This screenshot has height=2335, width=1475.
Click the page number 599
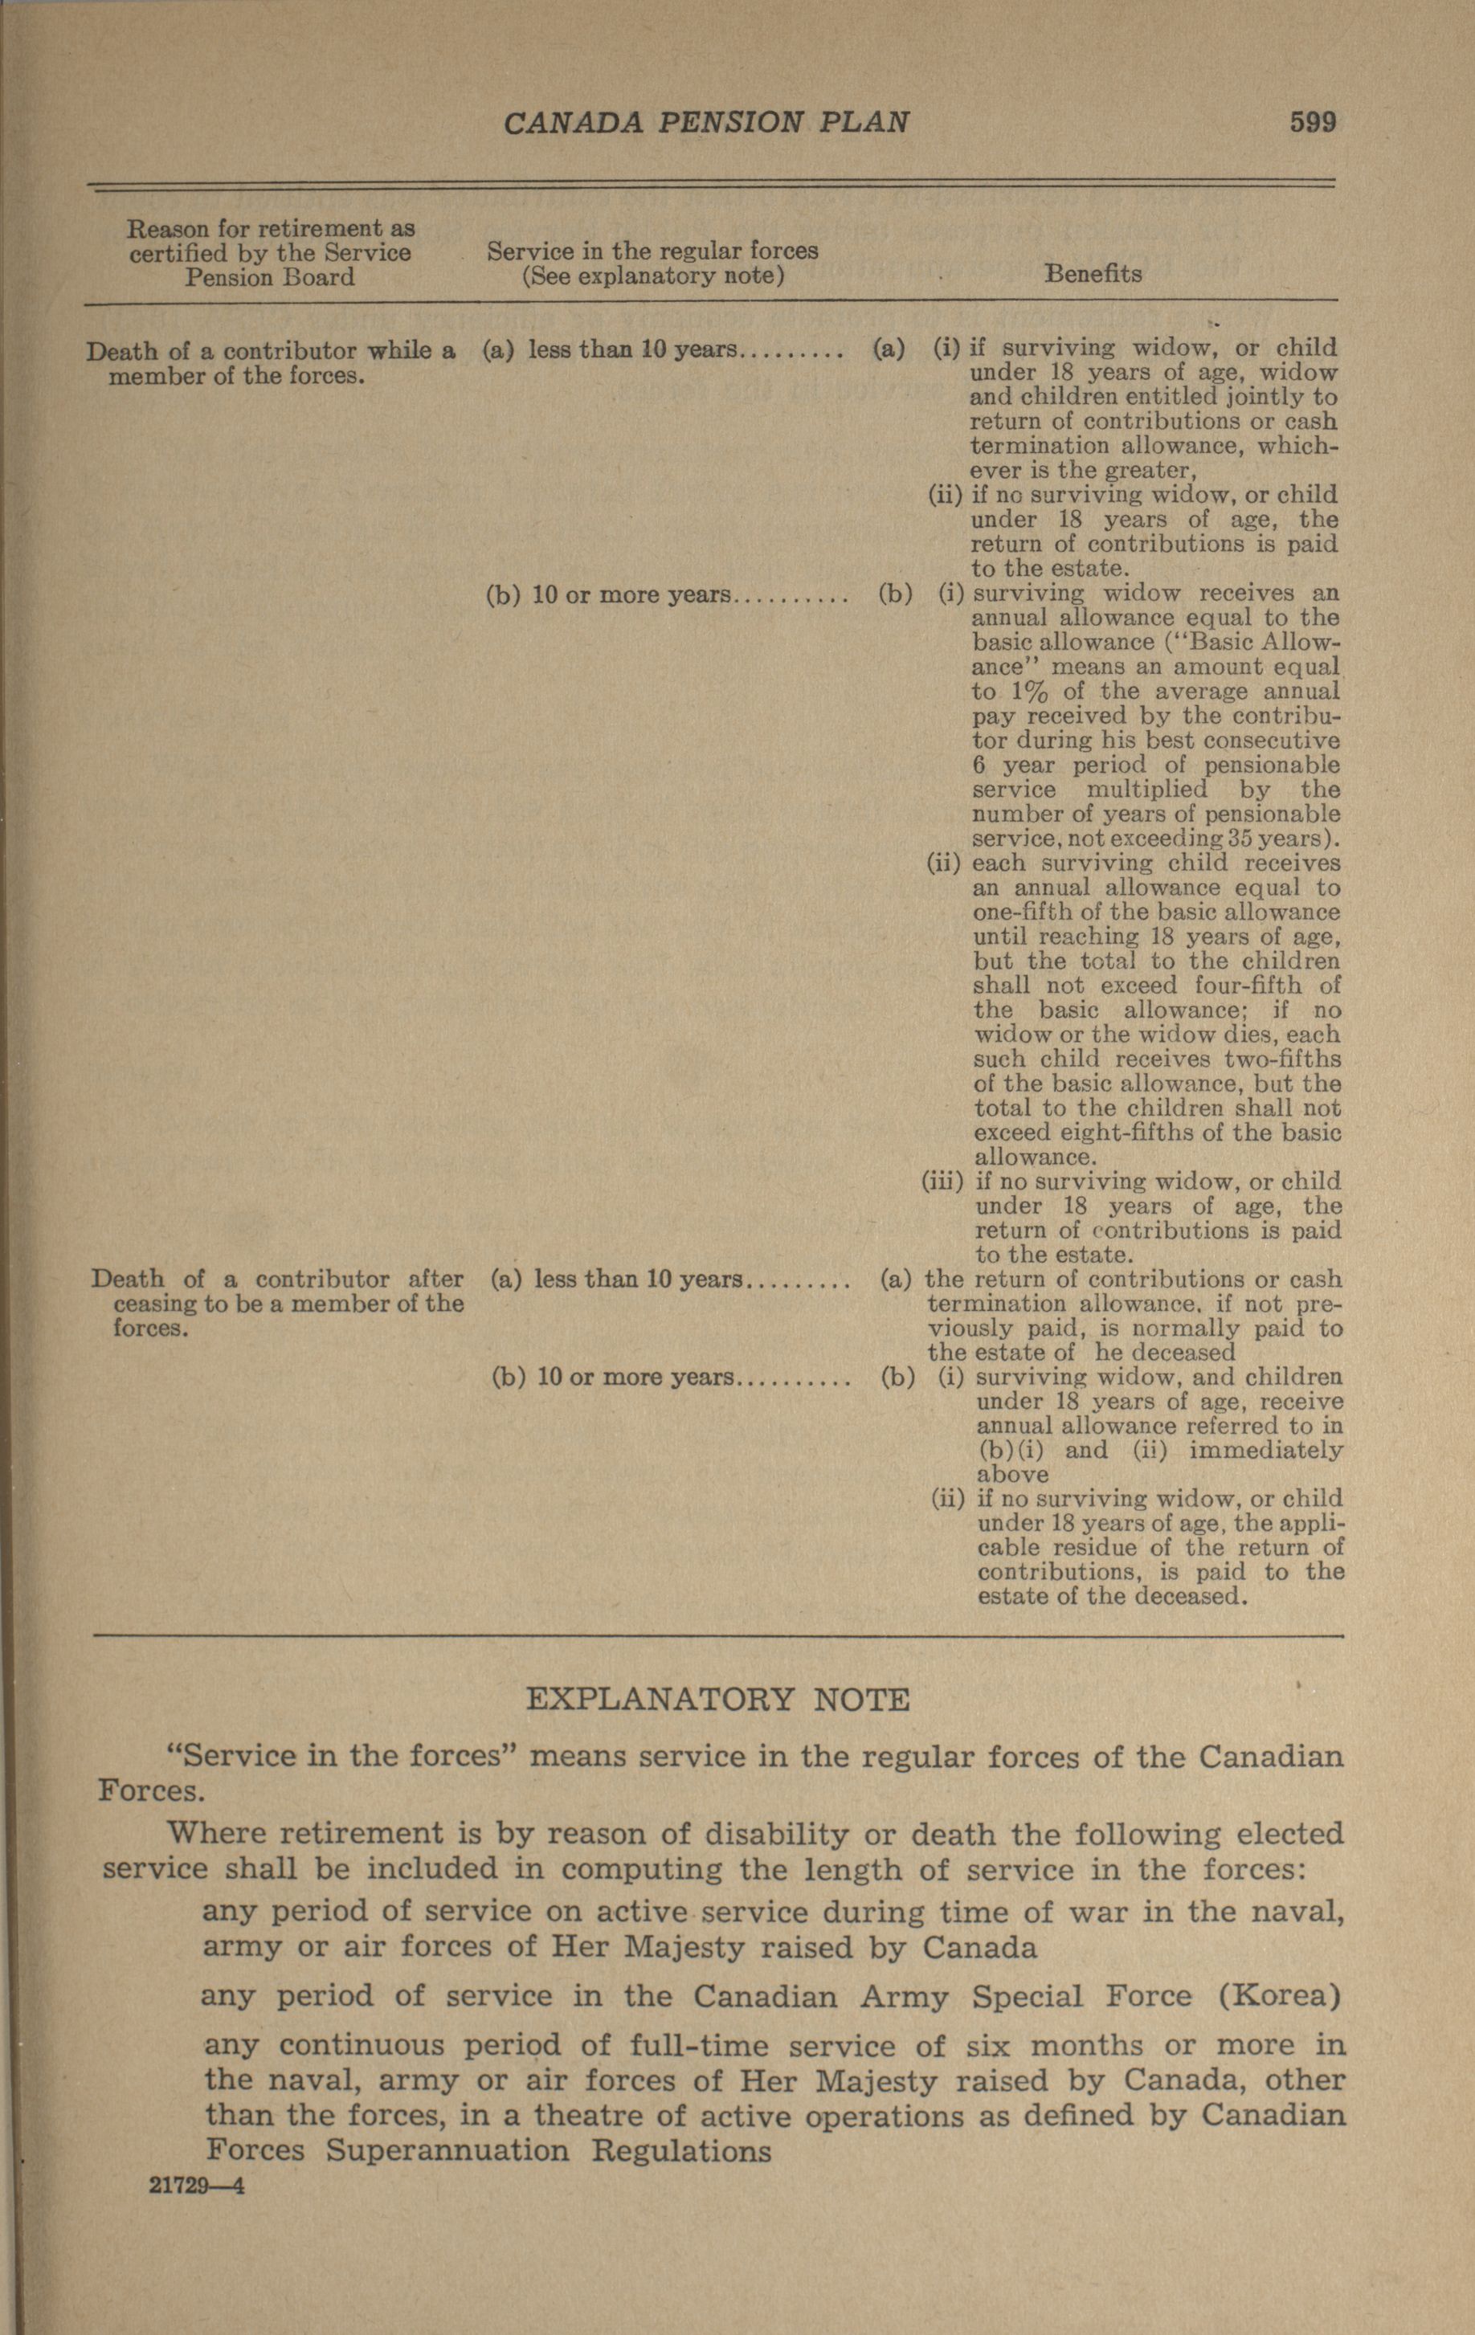[1312, 122]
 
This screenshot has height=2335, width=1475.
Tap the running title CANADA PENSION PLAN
[707, 123]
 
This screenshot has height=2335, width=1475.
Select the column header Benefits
[1092, 275]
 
